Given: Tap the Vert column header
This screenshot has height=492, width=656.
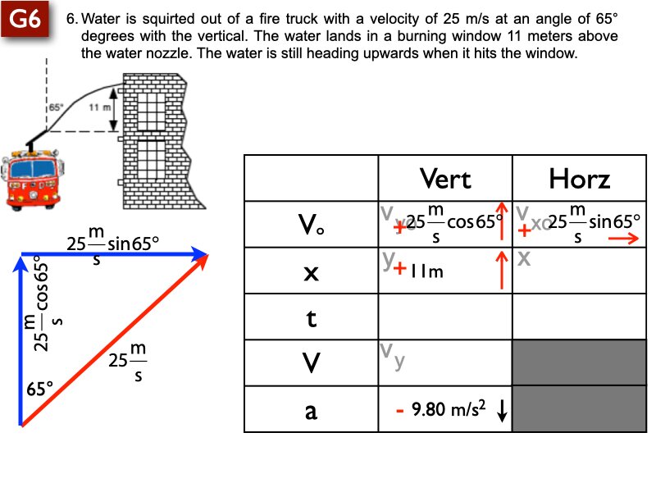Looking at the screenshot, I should (444, 178).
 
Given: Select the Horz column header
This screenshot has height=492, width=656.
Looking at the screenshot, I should (580, 178).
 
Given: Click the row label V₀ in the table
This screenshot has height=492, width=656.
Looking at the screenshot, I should (311, 225).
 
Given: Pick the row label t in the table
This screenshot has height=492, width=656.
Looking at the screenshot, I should (311, 317).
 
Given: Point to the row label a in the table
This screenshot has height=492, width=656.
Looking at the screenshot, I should (311, 410).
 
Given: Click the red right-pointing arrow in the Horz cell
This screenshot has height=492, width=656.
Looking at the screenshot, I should (624, 239).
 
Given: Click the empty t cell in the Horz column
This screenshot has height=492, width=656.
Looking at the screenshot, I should (579, 317).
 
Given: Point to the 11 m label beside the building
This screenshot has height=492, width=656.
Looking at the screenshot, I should (98, 107).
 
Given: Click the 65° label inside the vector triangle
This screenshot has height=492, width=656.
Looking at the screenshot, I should (39, 388).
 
